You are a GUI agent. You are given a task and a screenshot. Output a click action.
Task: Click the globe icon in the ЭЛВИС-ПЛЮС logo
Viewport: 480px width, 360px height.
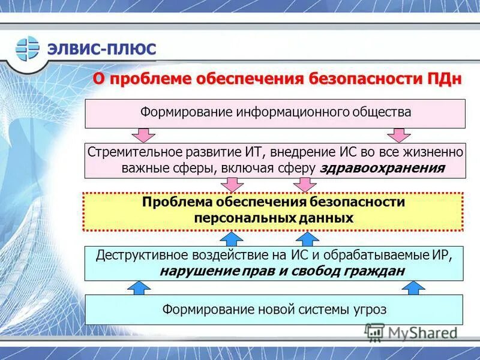point(27,49)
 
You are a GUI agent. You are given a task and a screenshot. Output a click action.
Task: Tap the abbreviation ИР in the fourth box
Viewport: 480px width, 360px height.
point(439,254)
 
